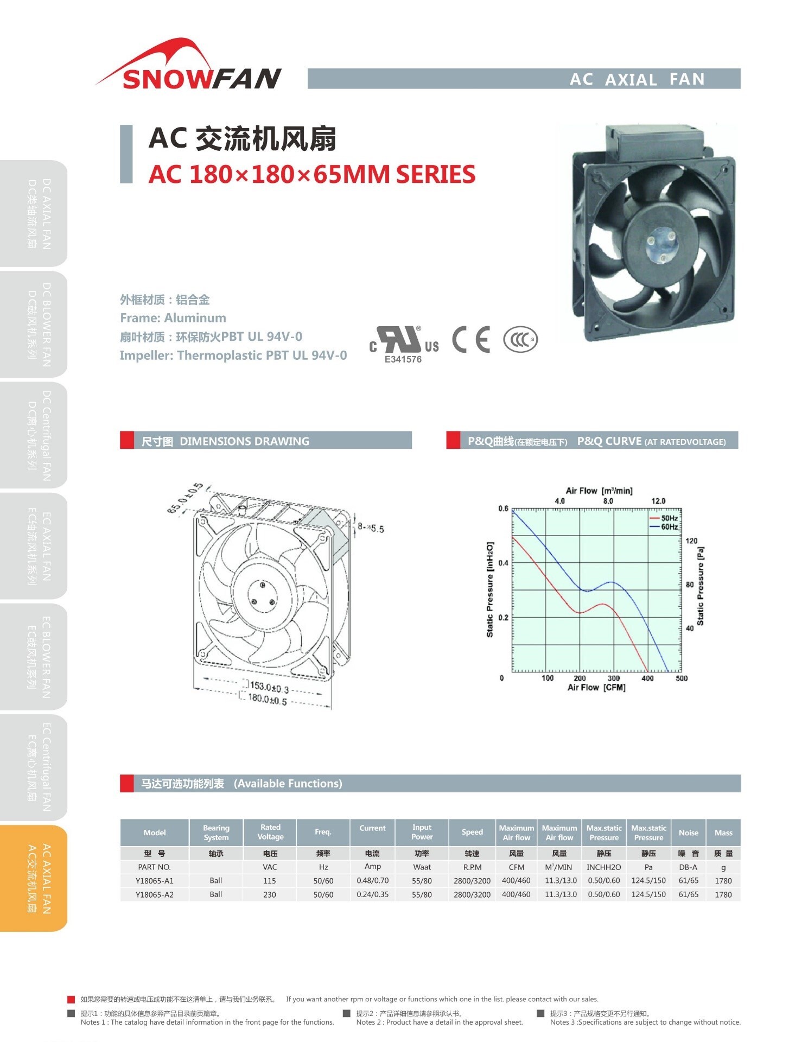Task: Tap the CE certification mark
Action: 471,339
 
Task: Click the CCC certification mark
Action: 520,340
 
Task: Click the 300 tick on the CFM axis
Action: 614,678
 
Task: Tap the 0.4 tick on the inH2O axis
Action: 504,563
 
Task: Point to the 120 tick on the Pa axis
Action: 691,541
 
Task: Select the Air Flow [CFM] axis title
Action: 596,688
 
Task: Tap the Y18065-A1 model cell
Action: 155,881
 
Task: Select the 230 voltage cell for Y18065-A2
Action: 270,894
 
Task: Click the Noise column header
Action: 689,833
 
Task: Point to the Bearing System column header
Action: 216,833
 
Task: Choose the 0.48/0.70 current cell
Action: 373,881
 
